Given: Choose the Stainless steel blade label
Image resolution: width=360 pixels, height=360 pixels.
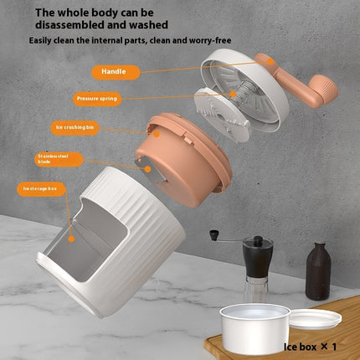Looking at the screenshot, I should coord(56,157).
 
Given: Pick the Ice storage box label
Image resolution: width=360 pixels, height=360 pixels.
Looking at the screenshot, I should coord(39,189).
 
